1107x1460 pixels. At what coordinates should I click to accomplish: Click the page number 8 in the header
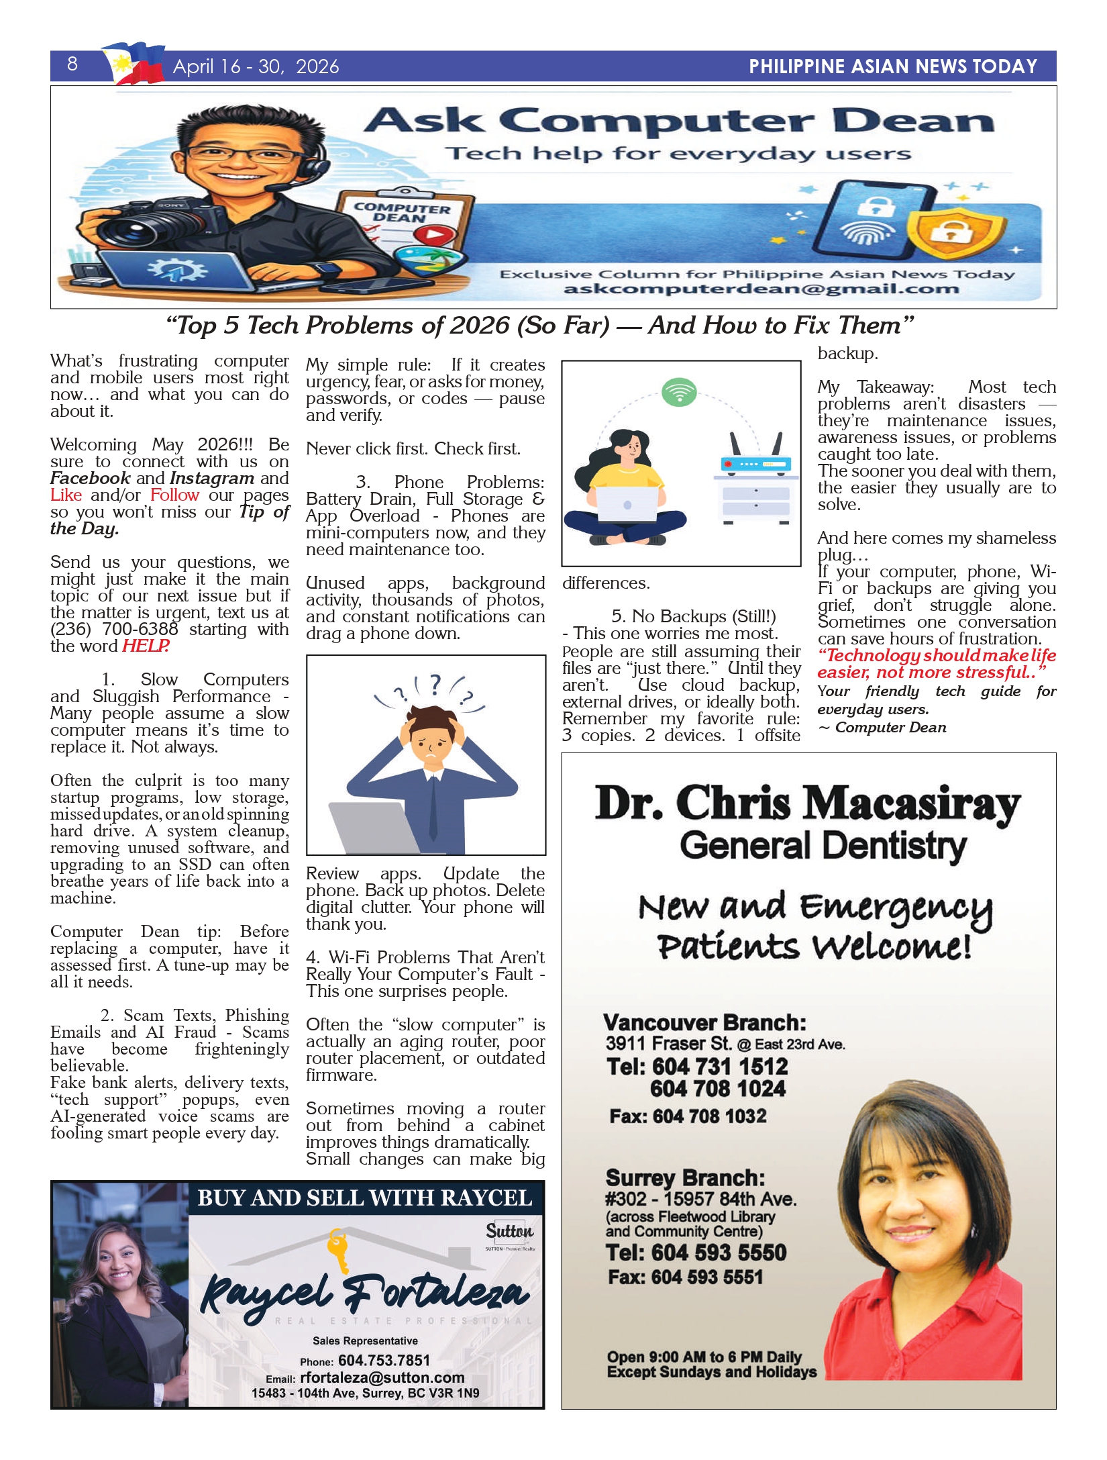(72, 64)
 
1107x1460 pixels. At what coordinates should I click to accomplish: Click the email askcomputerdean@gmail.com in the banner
(761, 289)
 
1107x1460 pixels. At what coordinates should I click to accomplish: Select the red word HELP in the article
(145, 646)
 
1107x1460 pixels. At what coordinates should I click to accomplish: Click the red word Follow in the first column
(174, 495)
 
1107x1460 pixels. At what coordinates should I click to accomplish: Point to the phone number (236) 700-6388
(114, 630)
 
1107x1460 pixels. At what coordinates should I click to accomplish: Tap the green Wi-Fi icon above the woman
(679, 392)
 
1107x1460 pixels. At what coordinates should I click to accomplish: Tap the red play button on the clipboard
(433, 236)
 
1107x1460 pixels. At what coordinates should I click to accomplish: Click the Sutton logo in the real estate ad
(509, 1231)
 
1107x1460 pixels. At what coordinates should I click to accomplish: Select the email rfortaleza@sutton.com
(382, 1377)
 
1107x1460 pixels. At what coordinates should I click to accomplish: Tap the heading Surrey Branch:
(685, 1178)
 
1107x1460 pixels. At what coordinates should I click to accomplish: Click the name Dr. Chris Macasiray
(807, 804)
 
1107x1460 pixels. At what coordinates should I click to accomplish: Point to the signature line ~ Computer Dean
(882, 728)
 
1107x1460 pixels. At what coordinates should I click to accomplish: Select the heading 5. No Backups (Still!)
(693, 616)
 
